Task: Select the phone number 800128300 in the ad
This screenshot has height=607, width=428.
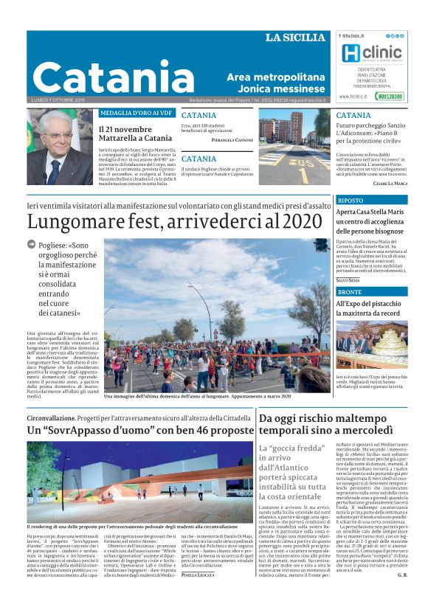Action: coord(389,96)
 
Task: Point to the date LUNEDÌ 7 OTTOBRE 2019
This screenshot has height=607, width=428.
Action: coord(58,100)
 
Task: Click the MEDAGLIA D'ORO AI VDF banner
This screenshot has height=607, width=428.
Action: coord(137,113)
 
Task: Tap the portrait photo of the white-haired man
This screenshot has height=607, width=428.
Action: coord(60,148)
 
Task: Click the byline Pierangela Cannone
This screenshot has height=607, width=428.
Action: coord(232,139)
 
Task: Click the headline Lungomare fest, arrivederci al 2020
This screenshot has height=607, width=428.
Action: coord(170,221)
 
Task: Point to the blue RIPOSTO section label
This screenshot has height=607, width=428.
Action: coord(351,200)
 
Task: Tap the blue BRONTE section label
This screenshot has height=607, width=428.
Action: coord(351,293)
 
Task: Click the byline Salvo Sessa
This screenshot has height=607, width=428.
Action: coord(348,280)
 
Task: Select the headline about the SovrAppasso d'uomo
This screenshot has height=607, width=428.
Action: coord(140,430)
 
